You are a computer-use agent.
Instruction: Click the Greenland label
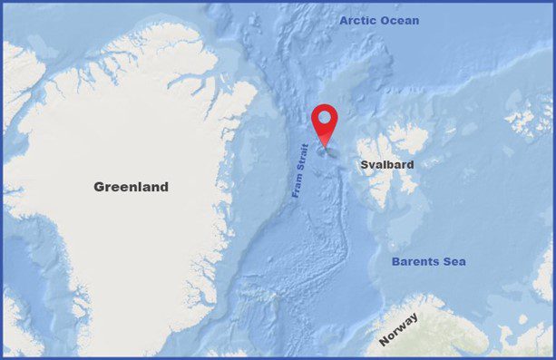(131, 187)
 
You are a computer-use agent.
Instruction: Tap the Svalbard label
(387, 165)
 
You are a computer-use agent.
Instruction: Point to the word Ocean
(400, 20)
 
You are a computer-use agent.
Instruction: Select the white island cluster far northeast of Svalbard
(523, 123)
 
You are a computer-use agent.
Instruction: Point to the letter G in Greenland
(99, 187)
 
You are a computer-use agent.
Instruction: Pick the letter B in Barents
(395, 262)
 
